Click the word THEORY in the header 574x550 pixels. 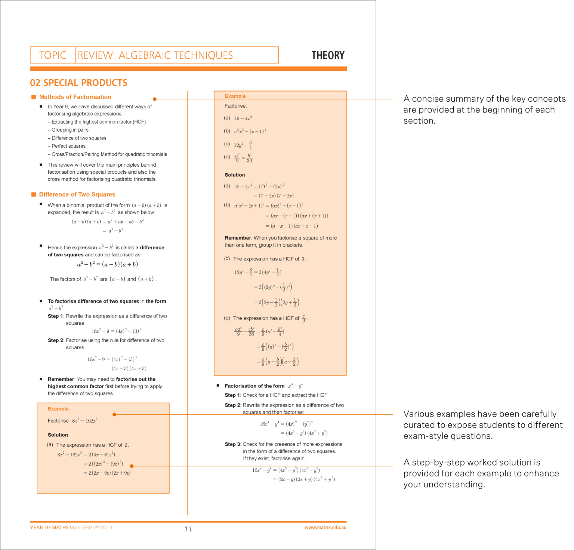point(328,55)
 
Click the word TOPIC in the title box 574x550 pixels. point(53,55)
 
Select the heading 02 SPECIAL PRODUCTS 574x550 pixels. point(78,83)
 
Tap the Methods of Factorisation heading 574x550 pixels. point(75,97)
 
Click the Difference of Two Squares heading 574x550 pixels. point(77,194)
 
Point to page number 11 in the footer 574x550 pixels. point(188,529)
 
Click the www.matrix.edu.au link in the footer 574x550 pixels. point(325,528)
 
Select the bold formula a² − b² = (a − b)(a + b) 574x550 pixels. point(107,264)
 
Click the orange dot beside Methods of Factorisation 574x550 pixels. point(155,99)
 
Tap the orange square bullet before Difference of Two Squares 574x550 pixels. point(34,194)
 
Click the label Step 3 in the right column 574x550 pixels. point(232,444)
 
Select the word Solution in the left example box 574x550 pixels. point(58,435)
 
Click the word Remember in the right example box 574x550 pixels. point(238,238)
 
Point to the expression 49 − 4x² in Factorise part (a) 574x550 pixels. point(243,118)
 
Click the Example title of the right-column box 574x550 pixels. point(235,96)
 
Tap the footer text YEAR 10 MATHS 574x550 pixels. point(49,528)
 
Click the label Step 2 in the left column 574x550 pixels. point(55,340)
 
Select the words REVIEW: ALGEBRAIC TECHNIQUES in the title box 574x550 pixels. point(155,55)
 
